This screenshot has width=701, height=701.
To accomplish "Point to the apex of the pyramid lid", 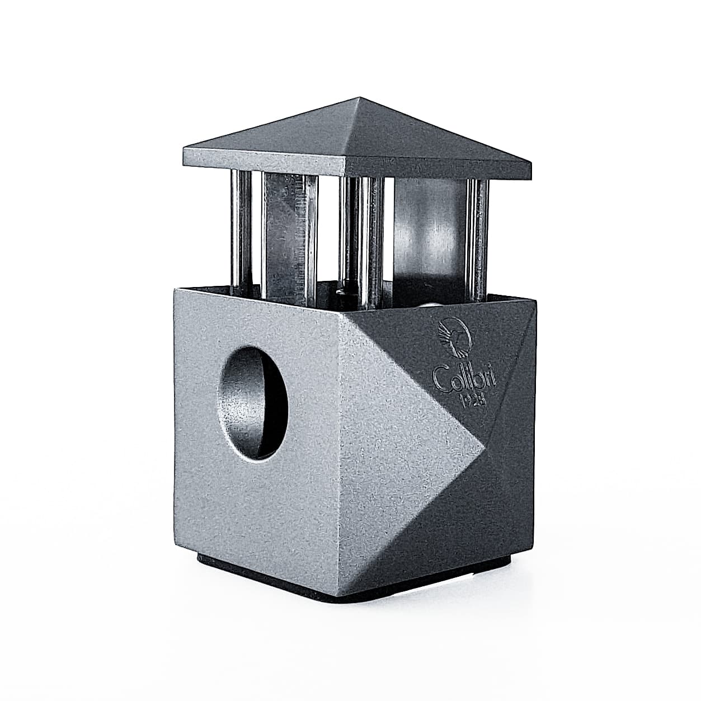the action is tap(359, 97).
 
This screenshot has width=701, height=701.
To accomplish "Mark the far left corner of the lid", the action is tap(184, 148).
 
